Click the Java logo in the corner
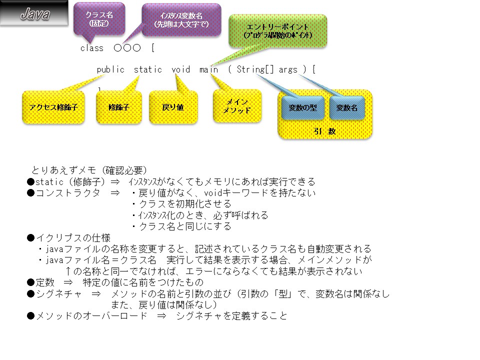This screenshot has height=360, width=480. [x=34, y=14]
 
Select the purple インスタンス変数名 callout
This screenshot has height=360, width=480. [x=181, y=19]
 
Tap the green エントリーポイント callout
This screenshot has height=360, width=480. [x=278, y=31]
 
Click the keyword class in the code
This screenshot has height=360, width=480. [x=91, y=48]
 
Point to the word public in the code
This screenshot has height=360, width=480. [x=110, y=69]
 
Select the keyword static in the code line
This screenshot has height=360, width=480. [x=147, y=69]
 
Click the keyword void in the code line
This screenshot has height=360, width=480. [x=180, y=69]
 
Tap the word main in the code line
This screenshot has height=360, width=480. [x=208, y=69]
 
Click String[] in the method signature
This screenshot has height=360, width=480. [x=255, y=69]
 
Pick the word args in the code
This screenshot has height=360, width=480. [x=288, y=69]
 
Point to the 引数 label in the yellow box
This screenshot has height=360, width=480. [x=324, y=131]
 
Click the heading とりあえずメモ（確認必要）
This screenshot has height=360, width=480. [x=89, y=170]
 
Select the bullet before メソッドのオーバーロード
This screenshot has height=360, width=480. [x=30, y=316]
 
